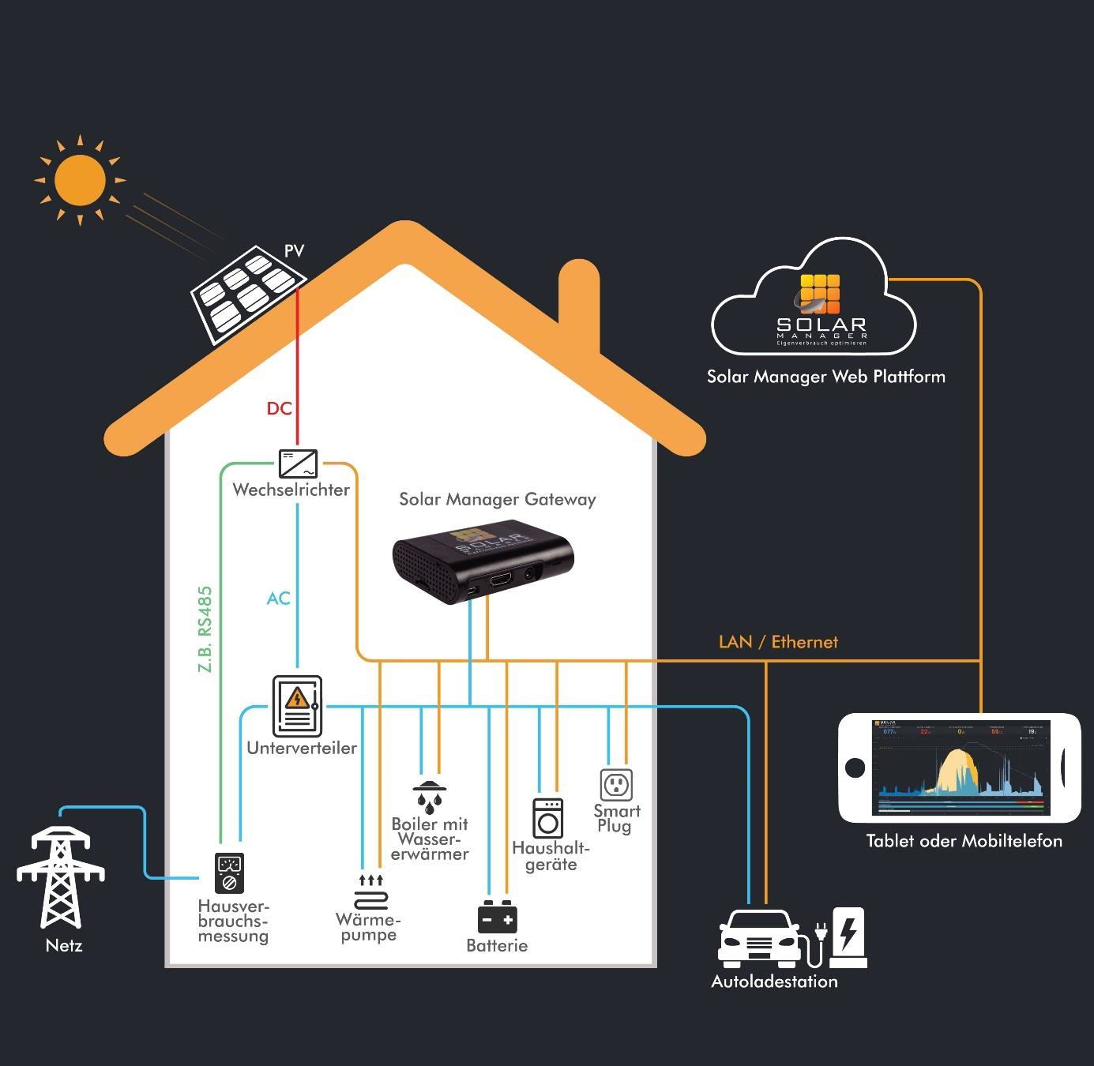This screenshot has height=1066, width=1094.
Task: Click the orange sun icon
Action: (x=80, y=180)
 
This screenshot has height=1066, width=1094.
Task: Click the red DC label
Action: (x=279, y=408)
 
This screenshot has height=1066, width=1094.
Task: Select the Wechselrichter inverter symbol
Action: (x=298, y=463)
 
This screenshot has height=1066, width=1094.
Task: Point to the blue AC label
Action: (x=278, y=599)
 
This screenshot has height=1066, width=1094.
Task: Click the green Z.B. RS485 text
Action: (x=205, y=629)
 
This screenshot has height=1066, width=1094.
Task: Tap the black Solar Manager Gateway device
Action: (x=482, y=561)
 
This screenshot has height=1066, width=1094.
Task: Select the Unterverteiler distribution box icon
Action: (x=297, y=706)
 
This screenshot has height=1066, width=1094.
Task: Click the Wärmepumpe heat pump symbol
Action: (x=370, y=893)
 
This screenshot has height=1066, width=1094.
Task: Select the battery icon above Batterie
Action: (x=497, y=918)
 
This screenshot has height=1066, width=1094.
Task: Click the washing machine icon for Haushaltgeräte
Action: (x=547, y=818)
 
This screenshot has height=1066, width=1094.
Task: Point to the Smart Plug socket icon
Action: (x=616, y=785)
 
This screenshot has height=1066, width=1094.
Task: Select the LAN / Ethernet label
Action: (x=778, y=642)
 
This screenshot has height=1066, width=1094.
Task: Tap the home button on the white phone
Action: (x=855, y=767)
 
